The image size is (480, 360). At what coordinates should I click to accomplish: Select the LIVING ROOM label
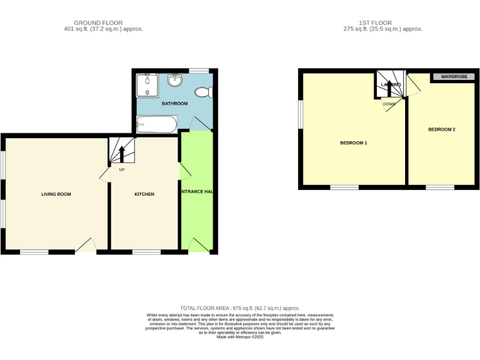click(56, 194)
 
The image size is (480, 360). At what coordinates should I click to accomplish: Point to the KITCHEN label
click(144, 194)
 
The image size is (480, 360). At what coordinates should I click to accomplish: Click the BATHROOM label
click(174, 104)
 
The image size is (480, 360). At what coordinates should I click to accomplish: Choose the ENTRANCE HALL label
click(197, 191)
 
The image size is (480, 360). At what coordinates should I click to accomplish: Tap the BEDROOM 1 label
click(353, 143)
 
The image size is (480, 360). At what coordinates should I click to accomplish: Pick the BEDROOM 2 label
click(441, 130)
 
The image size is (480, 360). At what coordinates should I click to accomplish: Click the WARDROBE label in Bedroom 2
click(454, 77)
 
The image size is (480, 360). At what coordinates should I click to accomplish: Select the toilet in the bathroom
click(203, 92)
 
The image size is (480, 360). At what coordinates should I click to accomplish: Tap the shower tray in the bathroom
click(147, 85)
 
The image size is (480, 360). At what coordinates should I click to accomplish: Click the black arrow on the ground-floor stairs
click(122, 153)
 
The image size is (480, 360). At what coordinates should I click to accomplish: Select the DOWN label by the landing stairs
click(389, 104)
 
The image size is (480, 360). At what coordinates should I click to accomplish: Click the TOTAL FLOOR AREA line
click(240, 308)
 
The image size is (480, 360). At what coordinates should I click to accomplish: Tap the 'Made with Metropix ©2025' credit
click(240, 337)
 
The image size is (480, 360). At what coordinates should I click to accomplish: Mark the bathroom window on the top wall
click(199, 71)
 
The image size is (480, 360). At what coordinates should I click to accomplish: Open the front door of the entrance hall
click(197, 246)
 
